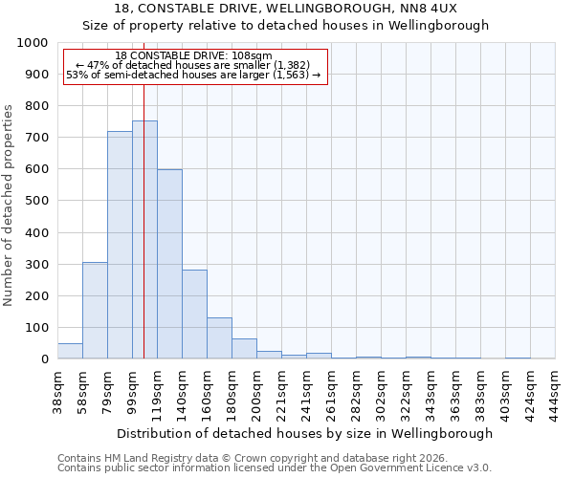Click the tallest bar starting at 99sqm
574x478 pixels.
coord(144,239)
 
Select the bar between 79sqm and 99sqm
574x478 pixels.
coord(120,245)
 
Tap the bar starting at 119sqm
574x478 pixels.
coord(169,264)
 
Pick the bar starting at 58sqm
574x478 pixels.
coord(95,311)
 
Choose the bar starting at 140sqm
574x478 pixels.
coord(194,315)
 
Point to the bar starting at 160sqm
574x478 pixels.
coord(219,338)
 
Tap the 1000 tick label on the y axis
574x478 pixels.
coord(33,43)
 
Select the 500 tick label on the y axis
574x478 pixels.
coord(36,202)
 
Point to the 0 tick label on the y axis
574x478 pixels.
coord(45,359)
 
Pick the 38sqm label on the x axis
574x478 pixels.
coord(58,390)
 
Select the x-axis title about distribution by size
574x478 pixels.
coord(307,433)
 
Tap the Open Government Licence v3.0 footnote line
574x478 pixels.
coord(275,467)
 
